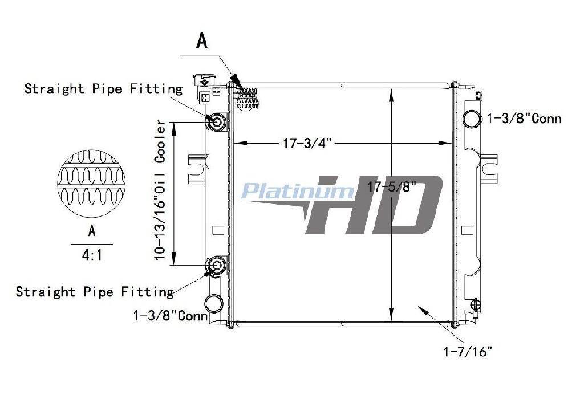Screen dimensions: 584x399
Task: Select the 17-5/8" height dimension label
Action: click(392, 186)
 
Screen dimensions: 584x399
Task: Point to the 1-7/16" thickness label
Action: click(468, 351)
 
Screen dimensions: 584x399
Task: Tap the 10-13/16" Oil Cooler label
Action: click(160, 190)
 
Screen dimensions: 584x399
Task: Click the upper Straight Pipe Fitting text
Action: click(104, 89)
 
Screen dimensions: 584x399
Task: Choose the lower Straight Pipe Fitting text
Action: click(95, 291)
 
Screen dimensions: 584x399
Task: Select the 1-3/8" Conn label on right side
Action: click(524, 119)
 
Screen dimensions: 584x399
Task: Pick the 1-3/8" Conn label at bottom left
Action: click(171, 316)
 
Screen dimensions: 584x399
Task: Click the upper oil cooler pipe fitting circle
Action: click(216, 122)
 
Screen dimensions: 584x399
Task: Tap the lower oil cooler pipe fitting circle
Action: click(216, 266)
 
